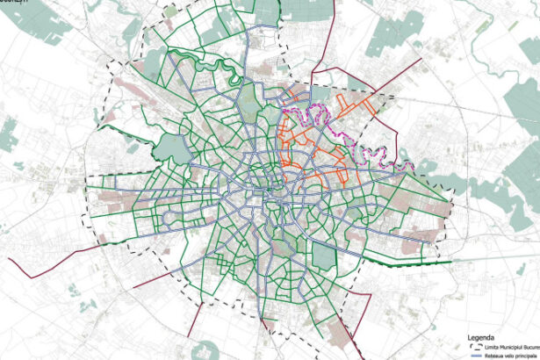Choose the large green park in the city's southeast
[x=324, y=257]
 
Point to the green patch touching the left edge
[x=6, y=136]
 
